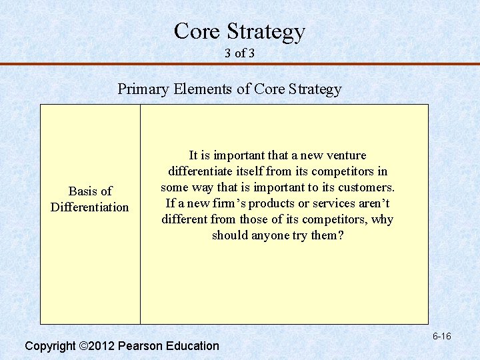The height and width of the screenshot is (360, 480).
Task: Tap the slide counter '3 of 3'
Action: pyautogui.click(x=240, y=53)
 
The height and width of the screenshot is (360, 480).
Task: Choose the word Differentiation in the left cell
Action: pyautogui.click(x=90, y=207)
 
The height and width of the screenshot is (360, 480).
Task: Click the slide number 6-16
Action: pyautogui.click(x=441, y=337)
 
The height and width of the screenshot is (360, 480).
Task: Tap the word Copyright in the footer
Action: pyautogui.click(x=50, y=346)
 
